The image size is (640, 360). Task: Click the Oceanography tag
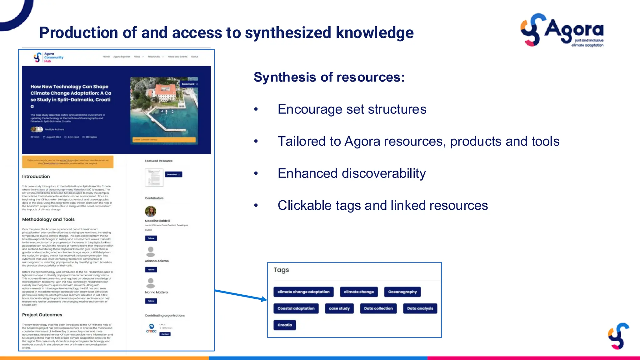[x=402, y=292]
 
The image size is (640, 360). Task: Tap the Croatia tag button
[x=284, y=325]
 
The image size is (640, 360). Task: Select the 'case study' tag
[x=339, y=308]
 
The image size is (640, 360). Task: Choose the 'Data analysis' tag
[x=420, y=308]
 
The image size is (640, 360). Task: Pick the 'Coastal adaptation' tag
[x=296, y=308]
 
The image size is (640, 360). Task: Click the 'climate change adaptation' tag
[x=303, y=292]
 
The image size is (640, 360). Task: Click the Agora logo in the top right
[x=562, y=30]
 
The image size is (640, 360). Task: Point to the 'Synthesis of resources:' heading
[x=329, y=77]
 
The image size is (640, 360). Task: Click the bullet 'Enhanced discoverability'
[x=352, y=173]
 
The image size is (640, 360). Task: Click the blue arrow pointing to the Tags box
[x=241, y=295]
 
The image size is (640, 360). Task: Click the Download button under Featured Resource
[x=173, y=174]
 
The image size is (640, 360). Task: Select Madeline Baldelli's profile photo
[x=151, y=211]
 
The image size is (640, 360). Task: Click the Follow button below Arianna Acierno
[x=151, y=270]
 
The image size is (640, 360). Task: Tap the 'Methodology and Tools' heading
[x=48, y=219]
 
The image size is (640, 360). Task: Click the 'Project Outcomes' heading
[x=42, y=315]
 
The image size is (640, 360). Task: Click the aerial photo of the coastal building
[x=164, y=109]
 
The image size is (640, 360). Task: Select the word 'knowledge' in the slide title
[x=374, y=33]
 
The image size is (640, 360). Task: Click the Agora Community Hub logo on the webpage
[x=48, y=57]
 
